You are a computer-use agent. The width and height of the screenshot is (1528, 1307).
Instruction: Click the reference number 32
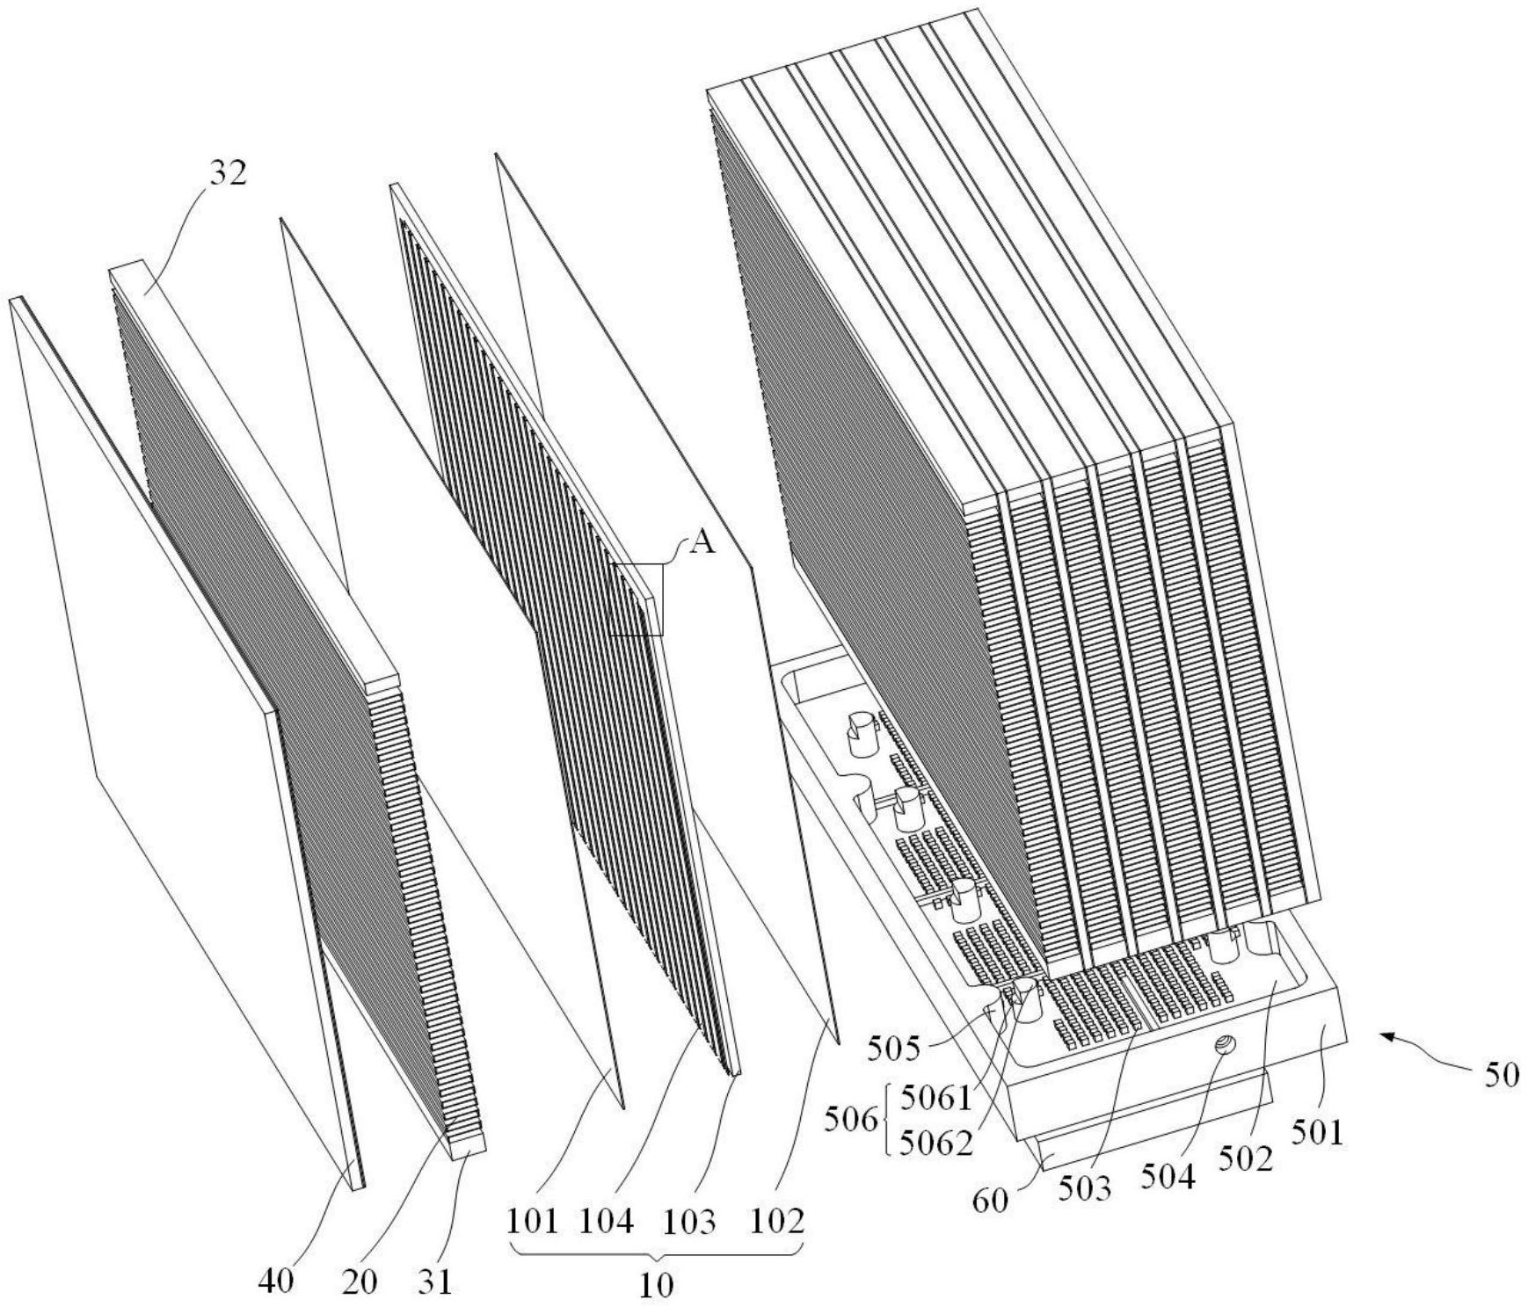tap(228, 173)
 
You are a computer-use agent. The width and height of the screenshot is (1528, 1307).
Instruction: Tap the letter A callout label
tap(702, 543)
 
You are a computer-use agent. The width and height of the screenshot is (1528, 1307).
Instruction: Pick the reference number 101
tap(532, 1222)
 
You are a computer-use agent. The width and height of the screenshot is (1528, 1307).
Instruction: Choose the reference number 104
tap(607, 1222)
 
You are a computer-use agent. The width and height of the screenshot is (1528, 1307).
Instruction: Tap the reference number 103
tap(689, 1222)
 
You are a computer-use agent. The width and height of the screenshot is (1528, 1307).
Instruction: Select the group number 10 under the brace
tap(656, 1286)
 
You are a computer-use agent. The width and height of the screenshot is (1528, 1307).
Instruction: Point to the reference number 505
tap(895, 1049)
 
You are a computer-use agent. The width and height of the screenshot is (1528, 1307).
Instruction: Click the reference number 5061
tap(937, 1097)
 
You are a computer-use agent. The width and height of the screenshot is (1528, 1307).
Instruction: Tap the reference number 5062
tap(937, 1142)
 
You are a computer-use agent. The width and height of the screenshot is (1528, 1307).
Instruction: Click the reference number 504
tap(1168, 1176)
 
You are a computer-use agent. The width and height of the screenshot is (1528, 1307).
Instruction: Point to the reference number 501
tap(1318, 1134)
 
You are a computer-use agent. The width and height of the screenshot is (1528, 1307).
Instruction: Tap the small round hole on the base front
tap(1224, 1044)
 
